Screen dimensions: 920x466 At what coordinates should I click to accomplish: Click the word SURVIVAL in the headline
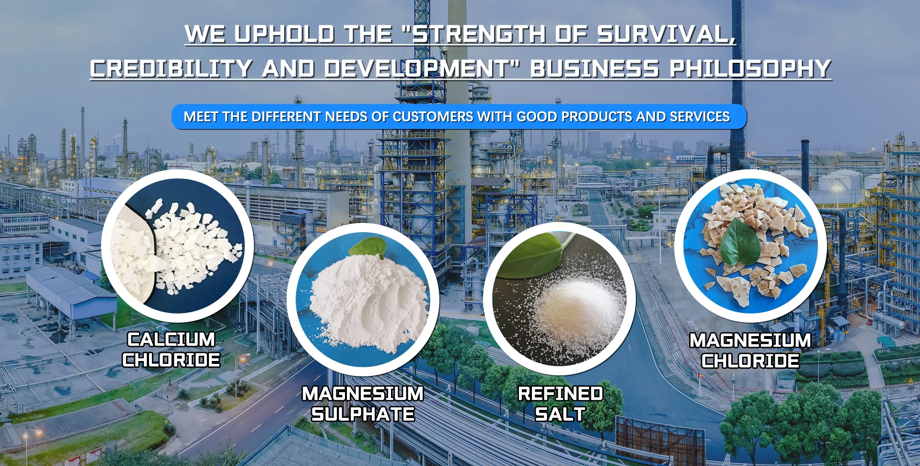pos(666,34)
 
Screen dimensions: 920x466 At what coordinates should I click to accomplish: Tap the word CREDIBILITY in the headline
pos(171,69)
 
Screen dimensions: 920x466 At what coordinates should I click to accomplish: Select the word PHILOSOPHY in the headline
pos(750,69)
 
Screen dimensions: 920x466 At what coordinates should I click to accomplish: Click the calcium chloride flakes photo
pos(177,246)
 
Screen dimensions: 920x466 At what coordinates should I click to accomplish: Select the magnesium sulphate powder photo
pos(363,300)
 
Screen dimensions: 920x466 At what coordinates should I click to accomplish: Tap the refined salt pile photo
pos(560,299)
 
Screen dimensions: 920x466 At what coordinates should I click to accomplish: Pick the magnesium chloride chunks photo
pos(750,246)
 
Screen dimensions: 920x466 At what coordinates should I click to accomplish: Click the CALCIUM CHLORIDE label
pos(171,349)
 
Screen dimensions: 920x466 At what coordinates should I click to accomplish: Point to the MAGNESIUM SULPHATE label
pos(363,404)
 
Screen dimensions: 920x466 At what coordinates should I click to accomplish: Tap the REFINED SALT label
pos(560,404)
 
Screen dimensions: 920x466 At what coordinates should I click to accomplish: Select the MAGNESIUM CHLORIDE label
pos(750,350)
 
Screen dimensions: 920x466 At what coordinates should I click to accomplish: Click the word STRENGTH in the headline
pos(479,34)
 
